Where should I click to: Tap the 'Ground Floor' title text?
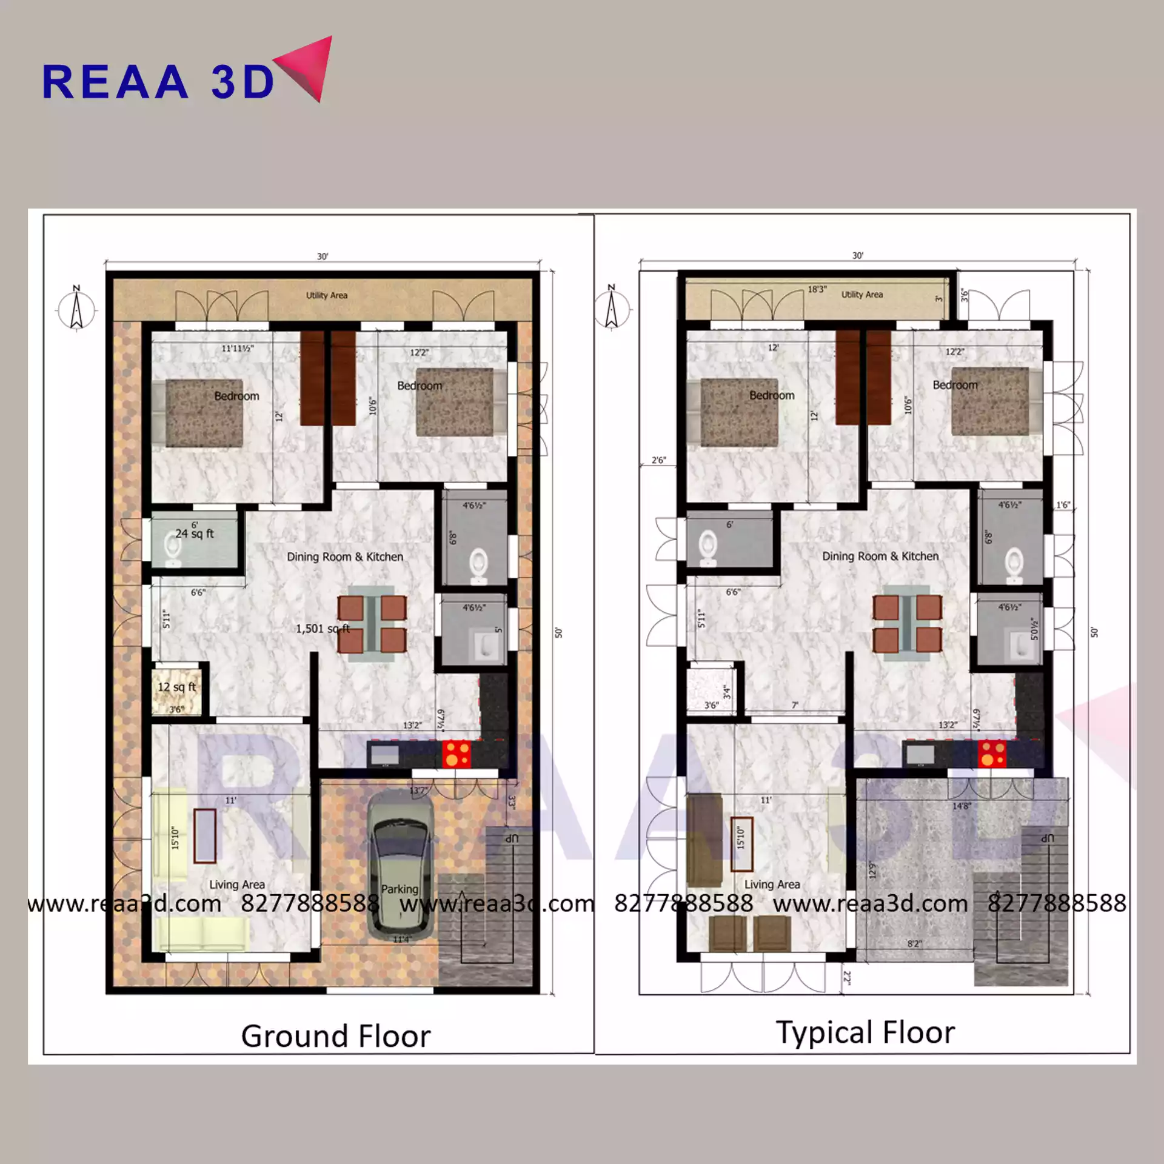pyautogui.click(x=336, y=1036)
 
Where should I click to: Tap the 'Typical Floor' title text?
pyautogui.click(x=865, y=1032)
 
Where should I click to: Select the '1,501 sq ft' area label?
pyautogui.click(x=323, y=629)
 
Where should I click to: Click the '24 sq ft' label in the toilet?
pyautogui.click(x=195, y=533)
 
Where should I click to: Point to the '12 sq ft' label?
pyautogui.click(x=176, y=687)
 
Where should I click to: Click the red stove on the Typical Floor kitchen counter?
pyautogui.click(x=992, y=754)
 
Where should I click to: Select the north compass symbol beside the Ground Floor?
pyautogui.click(x=76, y=310)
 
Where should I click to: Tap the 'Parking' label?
pyautogui.click(x=400, y=889)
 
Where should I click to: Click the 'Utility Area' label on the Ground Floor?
pyautogui.click(x=326, y=295)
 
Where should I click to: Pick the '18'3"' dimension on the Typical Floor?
pyautogui.click(x=817, y=289)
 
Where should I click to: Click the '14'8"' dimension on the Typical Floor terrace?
pyautogui.click(x=962, y=806)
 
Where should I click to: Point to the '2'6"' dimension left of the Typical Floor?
pyautogui.click(x=658, y=460)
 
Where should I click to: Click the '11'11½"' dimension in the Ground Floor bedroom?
pyautogui.click(x=238, y=349)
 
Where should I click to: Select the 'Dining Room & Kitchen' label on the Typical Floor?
pyautogui.click(x=880, y=556)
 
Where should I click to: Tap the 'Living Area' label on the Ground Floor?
pyautogui.click(x=237, y=885)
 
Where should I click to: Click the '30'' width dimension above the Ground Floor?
pyautogui.click(x=323, y=256)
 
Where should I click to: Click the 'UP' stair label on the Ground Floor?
pyautogui.click(x=512, y=838)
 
